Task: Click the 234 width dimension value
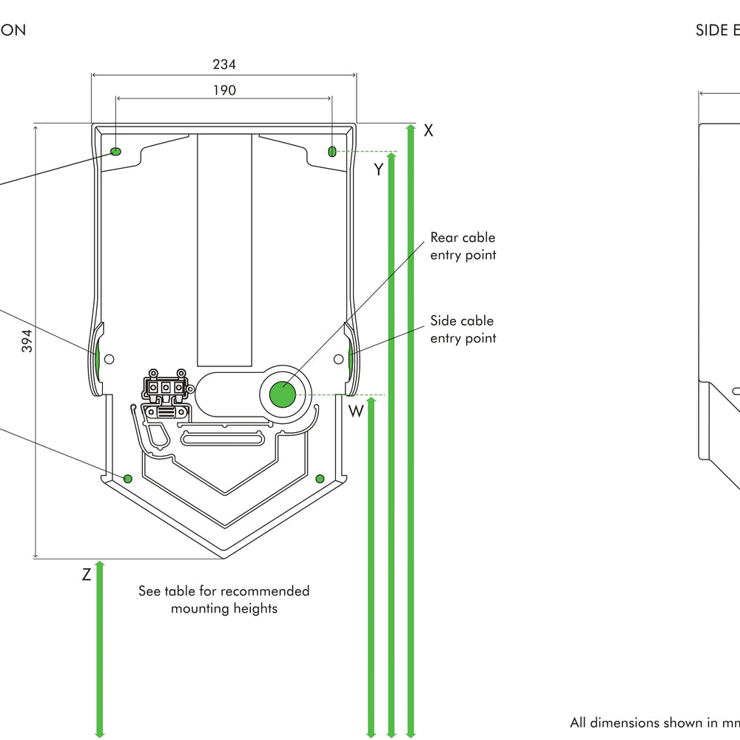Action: coord(224,64)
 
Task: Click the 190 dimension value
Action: coord(224,90)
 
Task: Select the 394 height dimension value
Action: coord(27,340)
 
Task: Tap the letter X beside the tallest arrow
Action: coord(428,131)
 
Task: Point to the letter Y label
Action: coord(378,169)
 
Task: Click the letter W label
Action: coord(357,411)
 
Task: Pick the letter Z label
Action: coord(87,573)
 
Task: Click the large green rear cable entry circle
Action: coord(282,394)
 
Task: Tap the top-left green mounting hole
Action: coord(116,152)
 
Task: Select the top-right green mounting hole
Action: coord(332,152)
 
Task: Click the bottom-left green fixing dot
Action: coord(127,479)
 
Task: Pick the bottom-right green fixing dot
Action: coord(320,479)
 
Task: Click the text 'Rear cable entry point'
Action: coord(462,246)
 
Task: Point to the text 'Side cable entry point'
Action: coord(462,329)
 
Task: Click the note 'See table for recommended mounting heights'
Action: coord(223,599)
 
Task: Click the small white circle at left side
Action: coord(110,359)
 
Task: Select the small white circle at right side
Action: coord(338,359)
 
